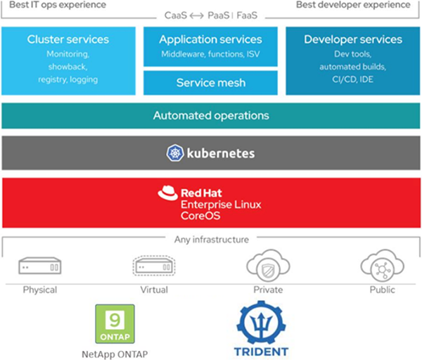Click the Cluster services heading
[x=68, y=39]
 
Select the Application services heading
[x=210, y=39]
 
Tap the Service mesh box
[x=210, y=82]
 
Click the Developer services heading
[x=353, y=39]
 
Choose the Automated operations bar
[x=210, y=115]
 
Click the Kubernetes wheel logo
[x=174, y=153]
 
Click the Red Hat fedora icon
[x=167, y=193]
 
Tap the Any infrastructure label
[x=211, y=239]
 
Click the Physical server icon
[x=40, y=266]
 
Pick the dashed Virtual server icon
[x=153, y=266]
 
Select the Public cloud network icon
[x=382, y=266]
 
